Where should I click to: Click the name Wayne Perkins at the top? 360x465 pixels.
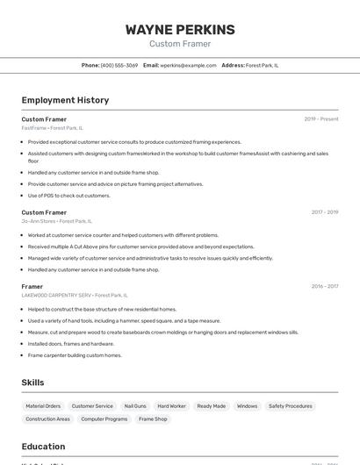(x=180, y=30)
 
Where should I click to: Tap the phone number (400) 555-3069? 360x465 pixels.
(x=119, y=65)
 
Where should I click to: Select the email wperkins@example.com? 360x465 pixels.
(x=188, y=65)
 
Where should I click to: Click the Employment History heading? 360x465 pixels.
(x=65, y=100)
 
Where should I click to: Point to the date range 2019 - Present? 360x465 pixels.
(x=321, y=118)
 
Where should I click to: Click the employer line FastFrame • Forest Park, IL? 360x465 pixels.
(x=53, y=128)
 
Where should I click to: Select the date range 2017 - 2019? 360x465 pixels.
(x=324, y=212)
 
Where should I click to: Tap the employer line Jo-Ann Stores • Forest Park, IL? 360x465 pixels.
(x=56, y=221)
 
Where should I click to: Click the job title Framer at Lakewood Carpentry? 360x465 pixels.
(x=32, y=286)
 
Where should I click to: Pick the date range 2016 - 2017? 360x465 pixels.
(x=324, y=286)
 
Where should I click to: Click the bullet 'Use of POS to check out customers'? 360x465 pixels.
(x=68, y=196)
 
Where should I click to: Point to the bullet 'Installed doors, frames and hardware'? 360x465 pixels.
(x=71, y=344)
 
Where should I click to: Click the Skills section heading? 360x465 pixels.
(x=32, y=383)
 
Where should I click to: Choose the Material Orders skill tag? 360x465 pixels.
(x=43, y=406)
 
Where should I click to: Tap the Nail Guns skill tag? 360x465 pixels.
(x=135, y=406)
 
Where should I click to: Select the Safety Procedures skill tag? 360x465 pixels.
(x=290, y=406)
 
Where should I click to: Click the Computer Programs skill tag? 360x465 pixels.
(x=104, y=419)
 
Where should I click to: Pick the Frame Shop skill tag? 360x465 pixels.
(x=153, y=419)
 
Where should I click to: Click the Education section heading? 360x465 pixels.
(x=43, y=447)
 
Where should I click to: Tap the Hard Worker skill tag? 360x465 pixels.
(x=172, y=406)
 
